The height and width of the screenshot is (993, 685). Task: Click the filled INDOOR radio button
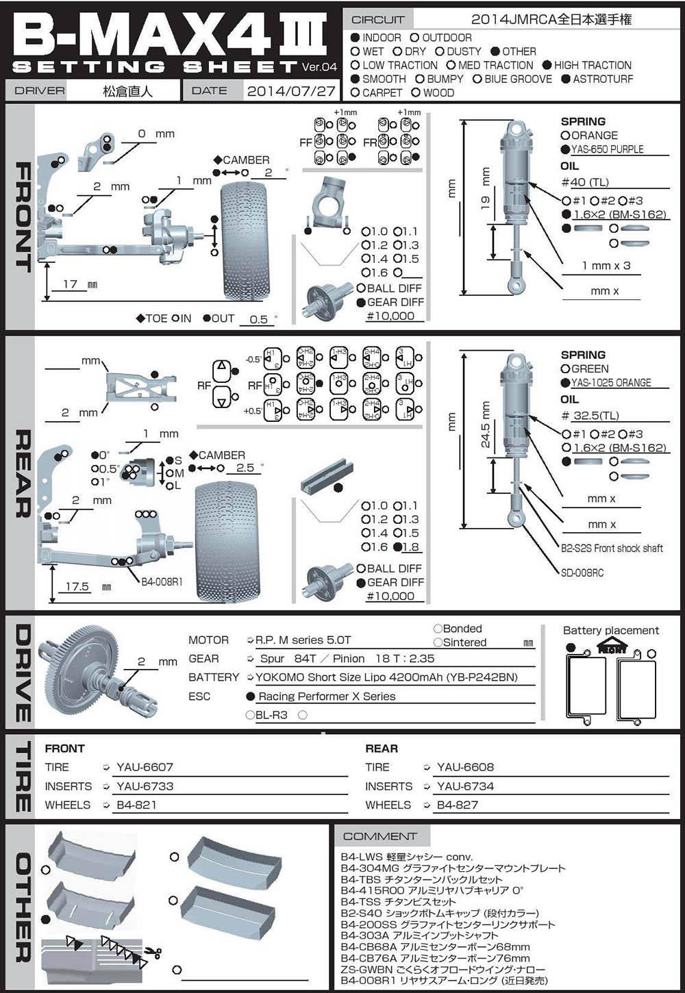355,38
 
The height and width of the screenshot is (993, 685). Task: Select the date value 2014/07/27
291,91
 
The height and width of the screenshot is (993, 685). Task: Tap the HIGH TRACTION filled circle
547,65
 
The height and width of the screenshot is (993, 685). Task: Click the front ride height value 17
70,284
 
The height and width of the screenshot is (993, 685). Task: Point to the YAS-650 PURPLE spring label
607,149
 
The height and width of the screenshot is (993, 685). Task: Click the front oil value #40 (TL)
584,182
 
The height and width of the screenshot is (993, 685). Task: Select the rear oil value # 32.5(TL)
590,416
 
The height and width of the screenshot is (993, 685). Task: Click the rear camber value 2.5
245,468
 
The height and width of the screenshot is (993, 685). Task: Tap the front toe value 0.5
258,319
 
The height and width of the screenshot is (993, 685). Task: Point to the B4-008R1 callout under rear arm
162,582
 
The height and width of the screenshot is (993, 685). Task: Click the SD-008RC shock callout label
582,573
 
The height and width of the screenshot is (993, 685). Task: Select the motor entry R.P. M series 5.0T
303,640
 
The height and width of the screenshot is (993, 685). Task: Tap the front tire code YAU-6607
145,768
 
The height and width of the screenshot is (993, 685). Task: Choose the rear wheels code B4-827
457,805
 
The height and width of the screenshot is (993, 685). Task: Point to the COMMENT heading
379,836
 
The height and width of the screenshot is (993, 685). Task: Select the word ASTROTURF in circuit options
603,79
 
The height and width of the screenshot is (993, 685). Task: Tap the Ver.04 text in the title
319,67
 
